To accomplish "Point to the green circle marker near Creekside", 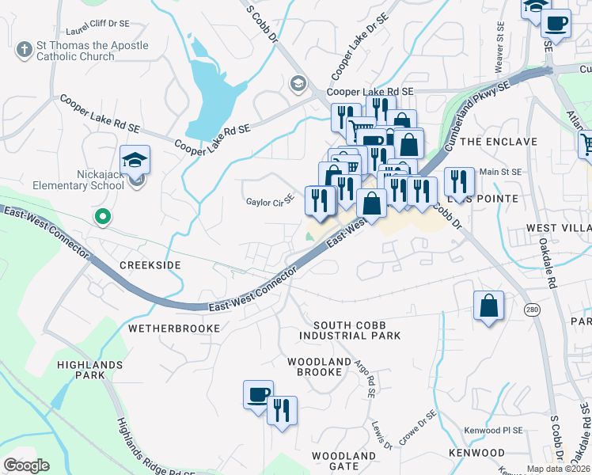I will coord(101,215).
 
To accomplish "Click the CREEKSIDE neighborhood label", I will coord(150,264).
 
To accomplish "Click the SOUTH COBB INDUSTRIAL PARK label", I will coord(350,330).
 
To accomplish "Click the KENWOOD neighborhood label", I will coord(476,452).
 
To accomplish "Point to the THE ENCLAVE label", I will coord(499,142).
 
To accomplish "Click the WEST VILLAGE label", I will coord(559,228).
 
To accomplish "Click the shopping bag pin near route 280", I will coord(489,305).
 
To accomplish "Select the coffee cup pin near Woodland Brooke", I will coord(258,394).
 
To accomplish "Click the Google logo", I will coord(26,465).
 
